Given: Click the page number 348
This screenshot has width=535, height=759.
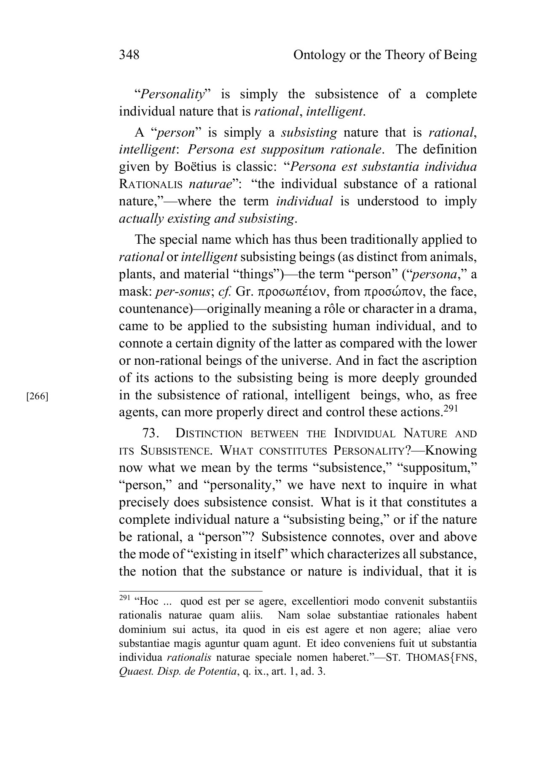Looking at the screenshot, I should pos(129,55).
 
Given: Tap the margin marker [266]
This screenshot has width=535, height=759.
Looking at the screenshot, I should pos(37,396).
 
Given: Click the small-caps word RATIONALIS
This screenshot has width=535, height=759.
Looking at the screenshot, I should pos(151,184).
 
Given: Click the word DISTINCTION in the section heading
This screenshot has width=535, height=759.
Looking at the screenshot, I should pos(209,433).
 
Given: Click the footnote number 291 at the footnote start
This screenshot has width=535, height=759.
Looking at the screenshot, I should pos(124,598).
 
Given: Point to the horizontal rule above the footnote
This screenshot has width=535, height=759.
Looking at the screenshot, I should pos(191,591).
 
